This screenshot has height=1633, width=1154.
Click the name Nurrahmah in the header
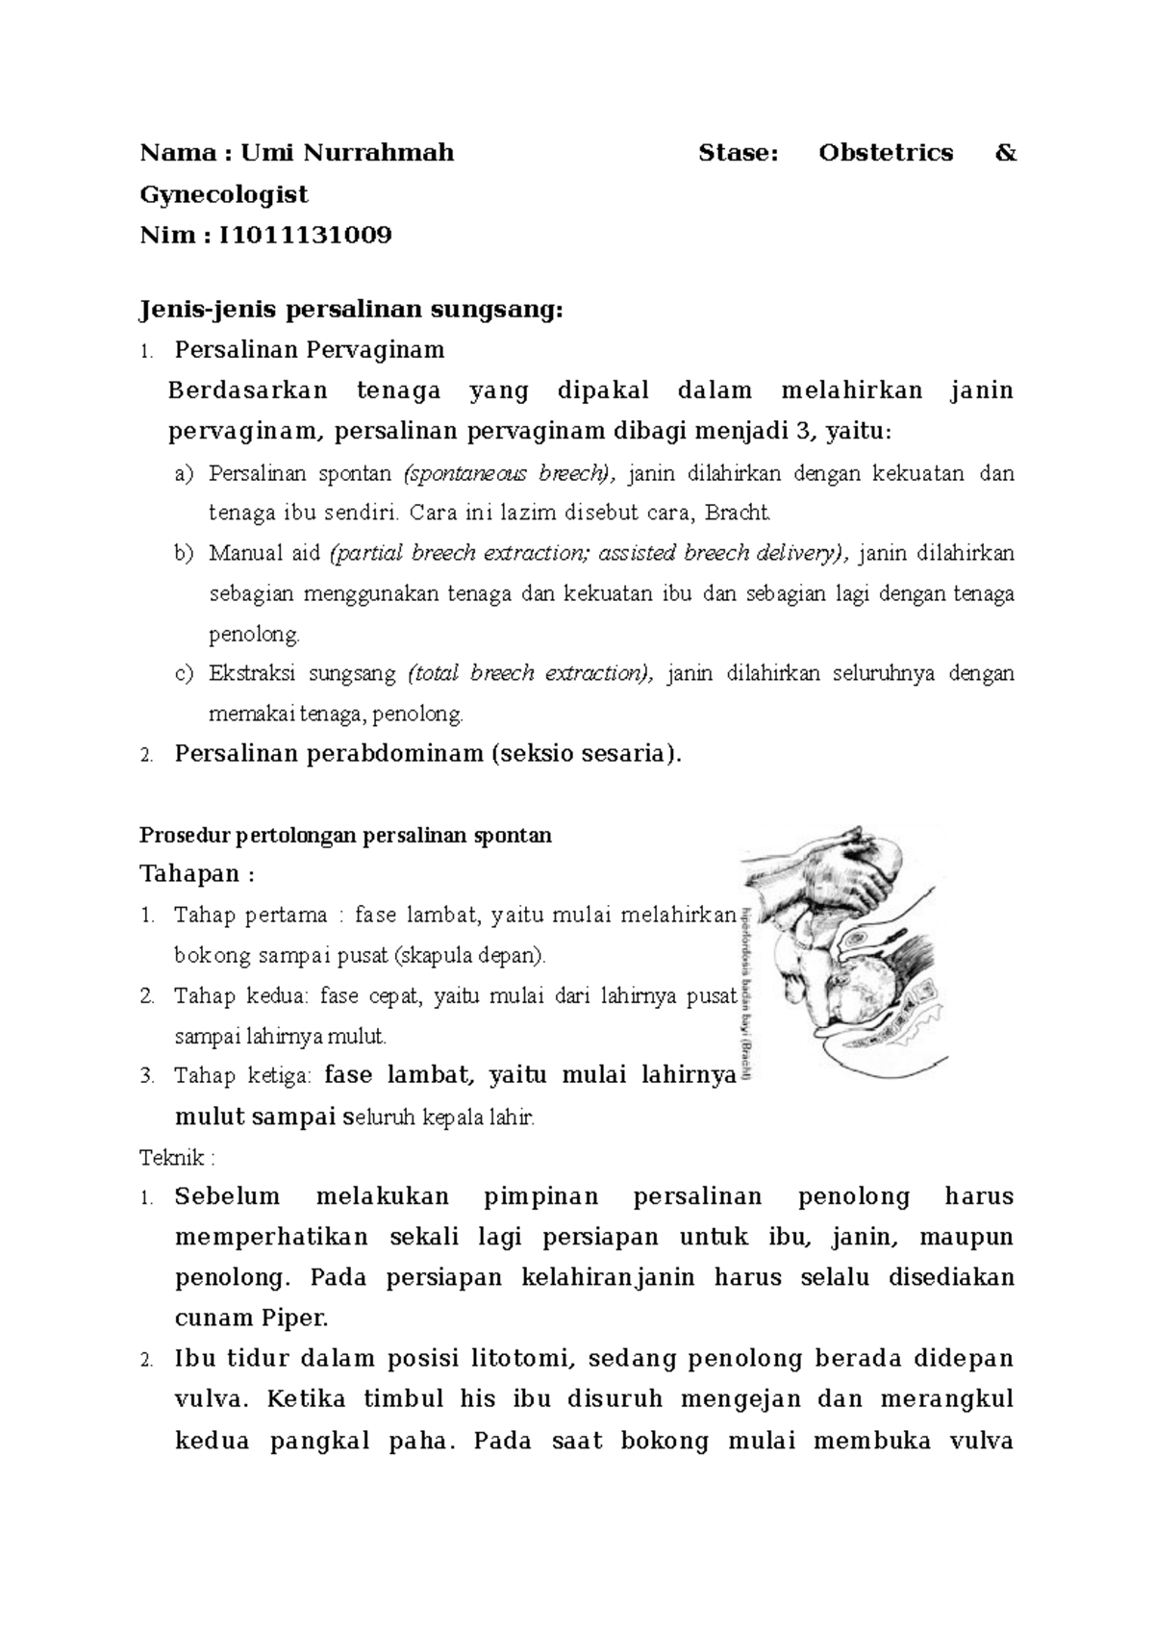379,153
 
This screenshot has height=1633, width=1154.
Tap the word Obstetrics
886,153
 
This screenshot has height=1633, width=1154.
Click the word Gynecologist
224,194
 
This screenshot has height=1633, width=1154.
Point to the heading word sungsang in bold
494,310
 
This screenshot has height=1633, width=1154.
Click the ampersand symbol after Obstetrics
1006,153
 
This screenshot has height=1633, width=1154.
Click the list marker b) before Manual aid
184,553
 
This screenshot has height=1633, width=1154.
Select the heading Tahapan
190,874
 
